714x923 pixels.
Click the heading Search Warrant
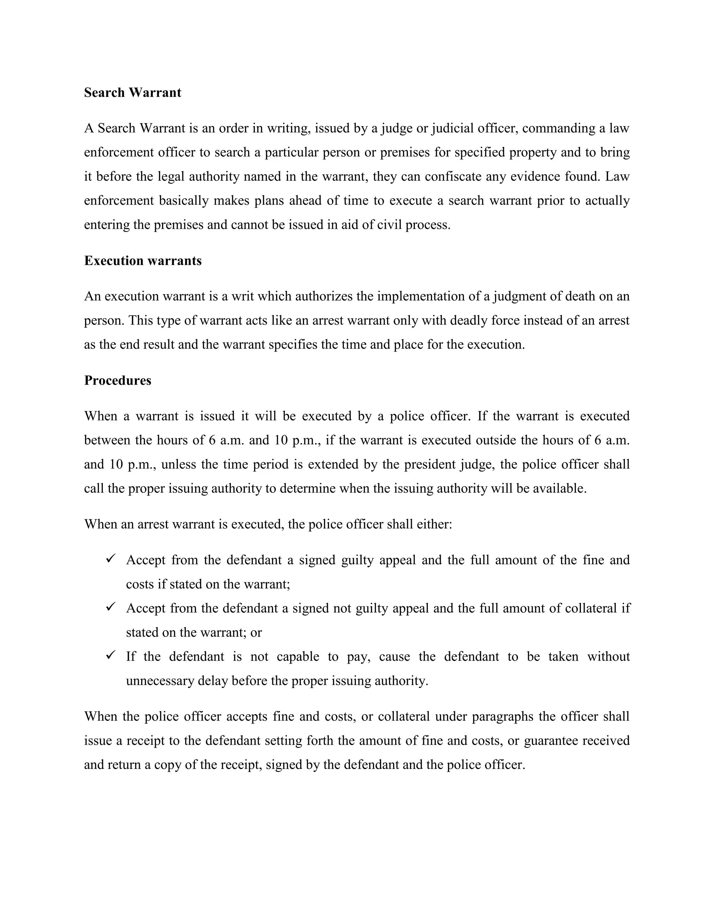[132, 93]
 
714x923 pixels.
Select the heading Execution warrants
[143, 261]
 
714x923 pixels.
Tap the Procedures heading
[117, 380]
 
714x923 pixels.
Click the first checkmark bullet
[111, 559]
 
